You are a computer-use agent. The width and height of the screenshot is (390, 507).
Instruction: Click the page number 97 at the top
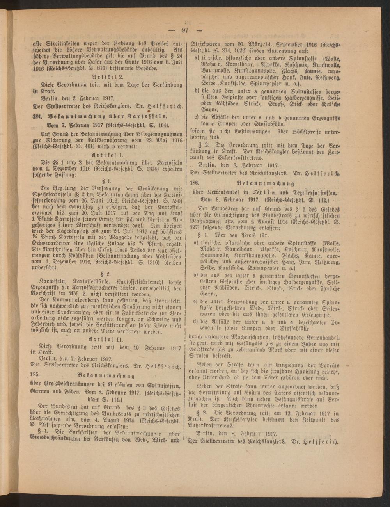pyautogui.click(x=185, y=31)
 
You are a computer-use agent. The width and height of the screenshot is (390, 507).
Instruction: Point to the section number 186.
pyautogui.click(x=195, y=183)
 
